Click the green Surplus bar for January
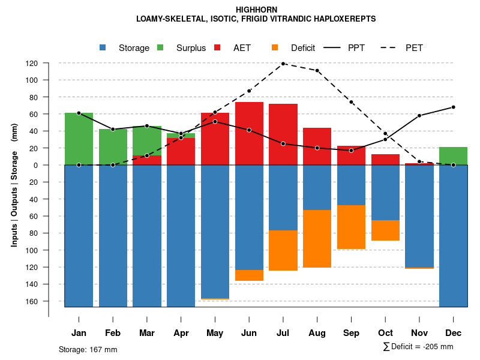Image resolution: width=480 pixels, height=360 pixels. point(79,139)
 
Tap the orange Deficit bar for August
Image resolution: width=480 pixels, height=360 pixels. point(317,239)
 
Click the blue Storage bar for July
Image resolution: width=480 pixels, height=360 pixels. point(283,197)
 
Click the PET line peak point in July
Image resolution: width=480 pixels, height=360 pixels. point(283,63)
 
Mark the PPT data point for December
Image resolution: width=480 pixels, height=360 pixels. point(453,107)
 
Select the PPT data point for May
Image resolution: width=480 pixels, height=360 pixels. point(215,122)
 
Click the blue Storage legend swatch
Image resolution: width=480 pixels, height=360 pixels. point(104,47)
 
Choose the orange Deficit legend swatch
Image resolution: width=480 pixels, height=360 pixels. point(275,47)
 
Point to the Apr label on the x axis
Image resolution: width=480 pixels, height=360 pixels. point(181,333)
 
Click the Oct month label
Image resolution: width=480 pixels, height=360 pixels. point(385,333)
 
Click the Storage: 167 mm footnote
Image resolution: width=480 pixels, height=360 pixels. point(88,349)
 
